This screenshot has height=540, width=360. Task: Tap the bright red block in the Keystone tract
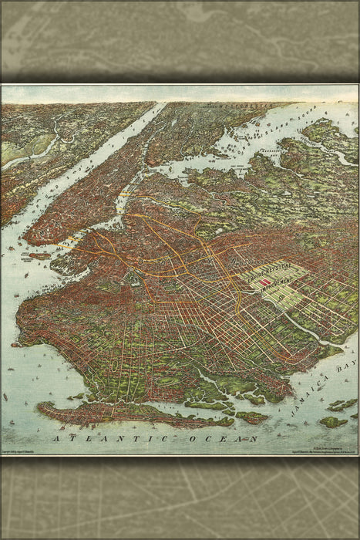coord(264,283)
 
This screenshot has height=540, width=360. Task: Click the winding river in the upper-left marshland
coord(31,150)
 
